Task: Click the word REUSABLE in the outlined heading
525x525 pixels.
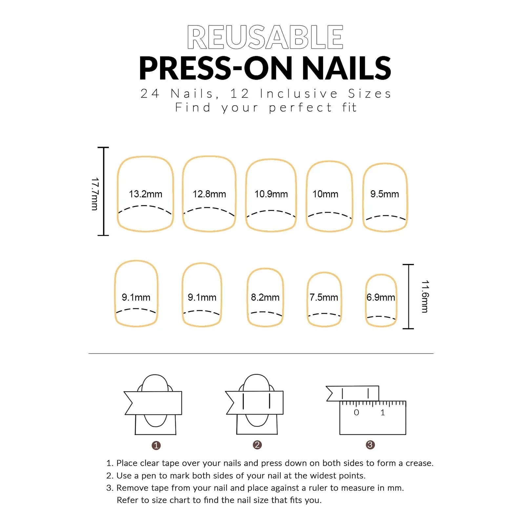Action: tap(265, 37)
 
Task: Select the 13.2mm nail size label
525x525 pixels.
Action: tap(146, 194)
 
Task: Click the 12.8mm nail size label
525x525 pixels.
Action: tap(209, 194)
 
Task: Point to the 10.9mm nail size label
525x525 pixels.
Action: tap(271, 194)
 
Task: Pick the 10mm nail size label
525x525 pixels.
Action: tap(325, 194)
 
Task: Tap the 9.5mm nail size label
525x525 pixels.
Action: tap(385, 194)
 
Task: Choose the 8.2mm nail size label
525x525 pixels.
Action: tap(265, 297)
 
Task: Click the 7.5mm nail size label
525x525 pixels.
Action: tap(324, 297)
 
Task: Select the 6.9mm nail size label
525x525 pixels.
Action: tap(381, 297)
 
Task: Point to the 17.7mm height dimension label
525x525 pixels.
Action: tap(95, 194)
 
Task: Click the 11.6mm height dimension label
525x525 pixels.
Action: tap(425, 296)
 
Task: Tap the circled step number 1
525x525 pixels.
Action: tap(156, 445)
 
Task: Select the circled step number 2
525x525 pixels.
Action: tap(257, 445)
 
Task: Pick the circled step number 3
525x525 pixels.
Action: tap(370, 445)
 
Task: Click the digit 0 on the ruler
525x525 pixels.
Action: tap(356, 413)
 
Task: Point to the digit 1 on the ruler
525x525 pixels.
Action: tap(383, 413)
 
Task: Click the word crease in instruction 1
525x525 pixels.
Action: tap(419, 463)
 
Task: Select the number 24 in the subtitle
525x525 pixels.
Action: tap(150, 94)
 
